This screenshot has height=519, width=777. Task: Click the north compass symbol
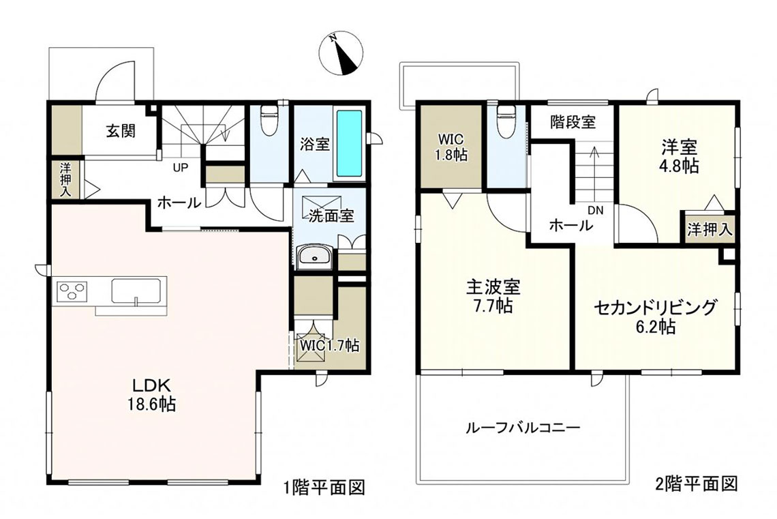pos(341,54)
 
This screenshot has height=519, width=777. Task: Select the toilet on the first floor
pos(270,121)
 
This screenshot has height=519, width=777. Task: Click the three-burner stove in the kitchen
pos(72,291)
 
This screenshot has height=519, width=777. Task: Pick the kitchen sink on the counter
pos(136,290)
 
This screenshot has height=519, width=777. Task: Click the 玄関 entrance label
pos(121,131)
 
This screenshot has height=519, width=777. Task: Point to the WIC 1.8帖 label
pos(451,147)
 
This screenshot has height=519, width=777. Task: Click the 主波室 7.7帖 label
pos(493,296)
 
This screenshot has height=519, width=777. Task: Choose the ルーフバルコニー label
pos(523,428)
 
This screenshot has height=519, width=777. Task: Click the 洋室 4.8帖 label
pos(680,156)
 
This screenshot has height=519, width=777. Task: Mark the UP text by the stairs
pos(181,168)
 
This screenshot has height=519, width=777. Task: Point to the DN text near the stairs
pos(596,210)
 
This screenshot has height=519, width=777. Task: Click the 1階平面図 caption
pos(324,488)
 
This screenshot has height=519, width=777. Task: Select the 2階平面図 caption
pos(697,484)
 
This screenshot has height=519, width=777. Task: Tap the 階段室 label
pos(573,122)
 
